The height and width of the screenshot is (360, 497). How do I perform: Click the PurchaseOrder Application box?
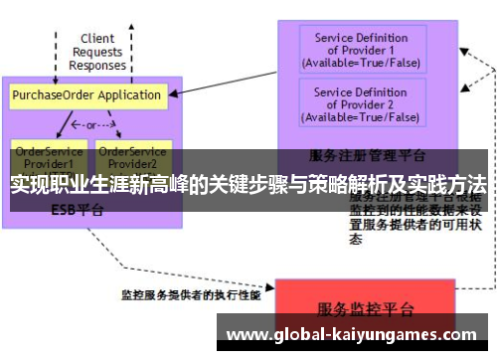click(86, 95)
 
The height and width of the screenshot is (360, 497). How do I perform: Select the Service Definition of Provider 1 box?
click(361, 50)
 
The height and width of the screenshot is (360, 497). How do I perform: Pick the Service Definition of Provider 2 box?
click(361, 104)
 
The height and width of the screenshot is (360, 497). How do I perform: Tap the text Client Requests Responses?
click(97, 52)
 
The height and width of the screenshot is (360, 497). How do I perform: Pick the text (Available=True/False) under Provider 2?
click(361, 116)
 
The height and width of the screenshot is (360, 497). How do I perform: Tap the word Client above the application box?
click(97, 39)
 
